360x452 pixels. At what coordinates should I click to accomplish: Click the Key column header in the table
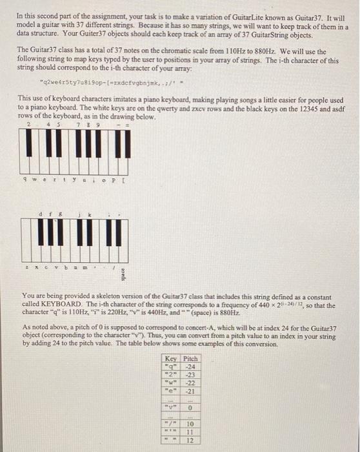(172, 359)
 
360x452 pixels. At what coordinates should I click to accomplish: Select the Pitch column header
(190, 359)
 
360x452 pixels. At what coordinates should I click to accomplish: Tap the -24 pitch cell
(190, 367)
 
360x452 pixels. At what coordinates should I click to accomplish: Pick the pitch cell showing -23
(190, 375)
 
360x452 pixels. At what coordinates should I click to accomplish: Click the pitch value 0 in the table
(191, 408)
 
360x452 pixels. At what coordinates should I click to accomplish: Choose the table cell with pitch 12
(191, 441)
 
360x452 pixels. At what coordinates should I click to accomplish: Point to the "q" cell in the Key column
(172, 367)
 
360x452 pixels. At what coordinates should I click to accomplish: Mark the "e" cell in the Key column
(172, 391)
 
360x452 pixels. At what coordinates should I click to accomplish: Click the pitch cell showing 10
(191, 424)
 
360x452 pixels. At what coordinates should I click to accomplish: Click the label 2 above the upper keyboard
(29, 125)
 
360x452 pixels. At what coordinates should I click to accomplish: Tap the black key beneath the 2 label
(30, 140)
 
